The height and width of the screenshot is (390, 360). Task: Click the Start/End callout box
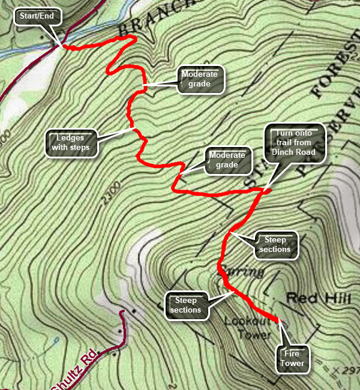37,16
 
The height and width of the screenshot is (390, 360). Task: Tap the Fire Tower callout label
293,358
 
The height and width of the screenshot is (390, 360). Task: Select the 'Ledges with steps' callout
71,142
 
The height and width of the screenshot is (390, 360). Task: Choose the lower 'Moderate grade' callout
227,160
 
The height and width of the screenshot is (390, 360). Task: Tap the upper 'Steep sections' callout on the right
276,245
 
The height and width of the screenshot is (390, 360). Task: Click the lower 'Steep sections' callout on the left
185,305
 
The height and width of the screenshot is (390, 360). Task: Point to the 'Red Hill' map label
308,298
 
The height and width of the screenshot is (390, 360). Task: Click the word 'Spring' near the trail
243,272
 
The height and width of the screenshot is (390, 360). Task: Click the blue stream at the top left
24,53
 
